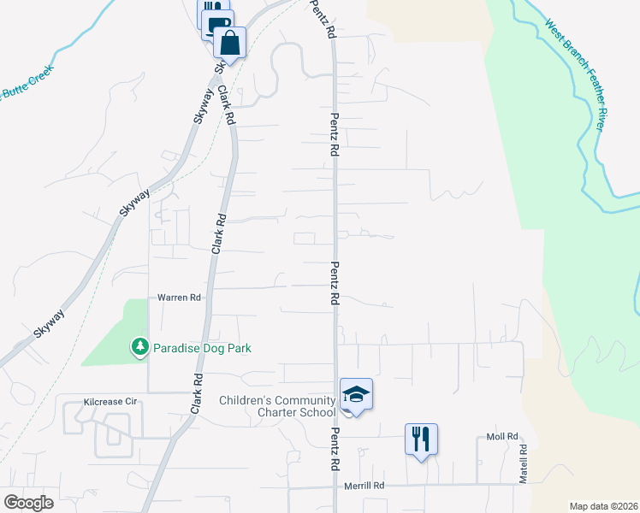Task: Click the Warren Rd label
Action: pos(178,298)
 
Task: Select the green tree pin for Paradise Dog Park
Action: pos(139,346)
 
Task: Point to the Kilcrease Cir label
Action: pos(110,400)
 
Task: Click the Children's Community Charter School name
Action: pos(276,406)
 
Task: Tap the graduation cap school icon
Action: pos(356,395)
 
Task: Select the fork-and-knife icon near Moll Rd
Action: pos(421,439)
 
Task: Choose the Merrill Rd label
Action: pos(364,485)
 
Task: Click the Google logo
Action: pos(29,502)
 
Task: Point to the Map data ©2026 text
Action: pos(602,506)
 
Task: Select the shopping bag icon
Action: pos(230,41)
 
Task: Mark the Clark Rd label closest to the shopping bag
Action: pos(227,105)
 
